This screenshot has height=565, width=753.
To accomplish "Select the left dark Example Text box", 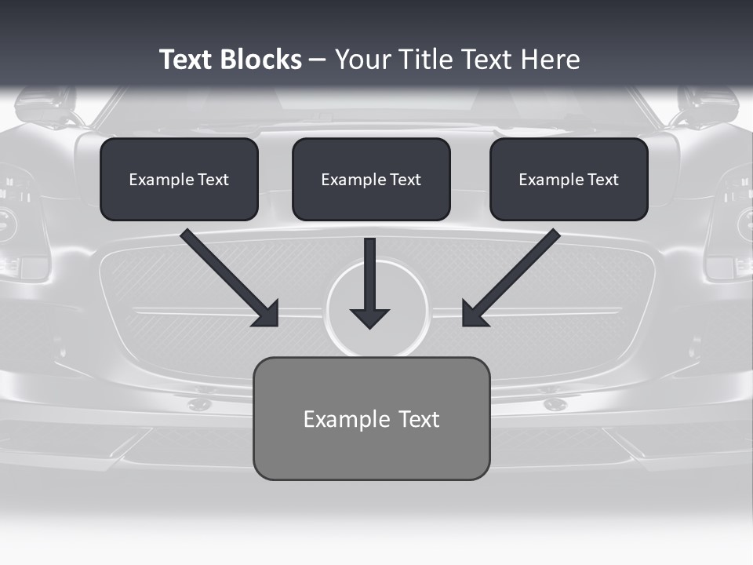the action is click(179, 179).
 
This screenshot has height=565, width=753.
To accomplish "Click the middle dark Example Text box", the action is click(371, 179).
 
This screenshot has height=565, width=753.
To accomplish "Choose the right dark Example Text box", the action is click(569, 179).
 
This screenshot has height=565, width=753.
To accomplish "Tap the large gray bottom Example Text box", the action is click(371, 418).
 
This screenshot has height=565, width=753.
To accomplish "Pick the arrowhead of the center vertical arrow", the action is click(369, 318).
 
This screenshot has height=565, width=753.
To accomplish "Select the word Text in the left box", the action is click(213, 180).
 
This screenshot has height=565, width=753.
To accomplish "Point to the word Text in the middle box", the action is click(406, 180).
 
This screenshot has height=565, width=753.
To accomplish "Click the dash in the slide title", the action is click(318, 60).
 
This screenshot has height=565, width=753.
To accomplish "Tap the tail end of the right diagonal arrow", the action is click(554, 235).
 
